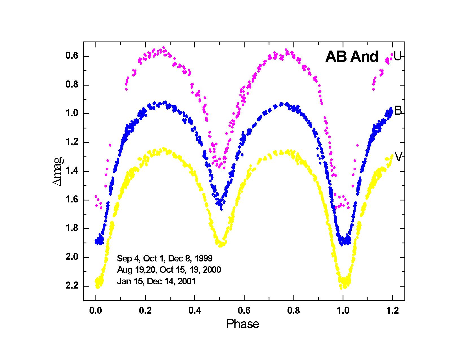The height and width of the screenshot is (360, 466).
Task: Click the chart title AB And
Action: tap(352, 57)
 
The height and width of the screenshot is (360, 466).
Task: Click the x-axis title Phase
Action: tap(243, 324)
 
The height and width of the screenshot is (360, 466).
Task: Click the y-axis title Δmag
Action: tap(58, 171)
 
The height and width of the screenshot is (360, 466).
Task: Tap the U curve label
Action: tap(397, 57)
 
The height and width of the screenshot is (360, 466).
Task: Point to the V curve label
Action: tap(398, 157)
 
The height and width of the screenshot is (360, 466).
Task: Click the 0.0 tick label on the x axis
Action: tap(96, 311)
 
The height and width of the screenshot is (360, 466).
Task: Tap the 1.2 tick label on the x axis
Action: tap(393, 311)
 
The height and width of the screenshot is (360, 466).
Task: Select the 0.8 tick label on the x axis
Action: tap(294, 311)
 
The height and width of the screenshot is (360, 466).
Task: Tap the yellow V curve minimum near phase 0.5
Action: tap(221, 243)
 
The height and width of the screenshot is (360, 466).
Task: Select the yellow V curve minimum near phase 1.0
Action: tap(344, 284)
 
